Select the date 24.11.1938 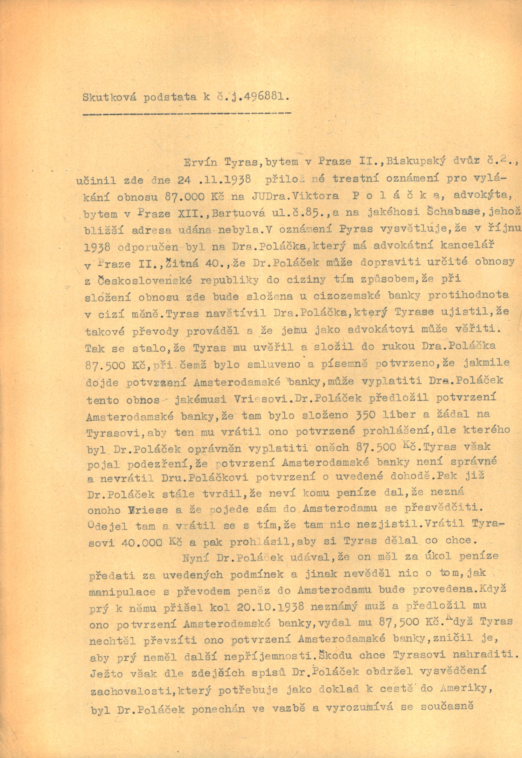pyautogui.click(x=214, y=179)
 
